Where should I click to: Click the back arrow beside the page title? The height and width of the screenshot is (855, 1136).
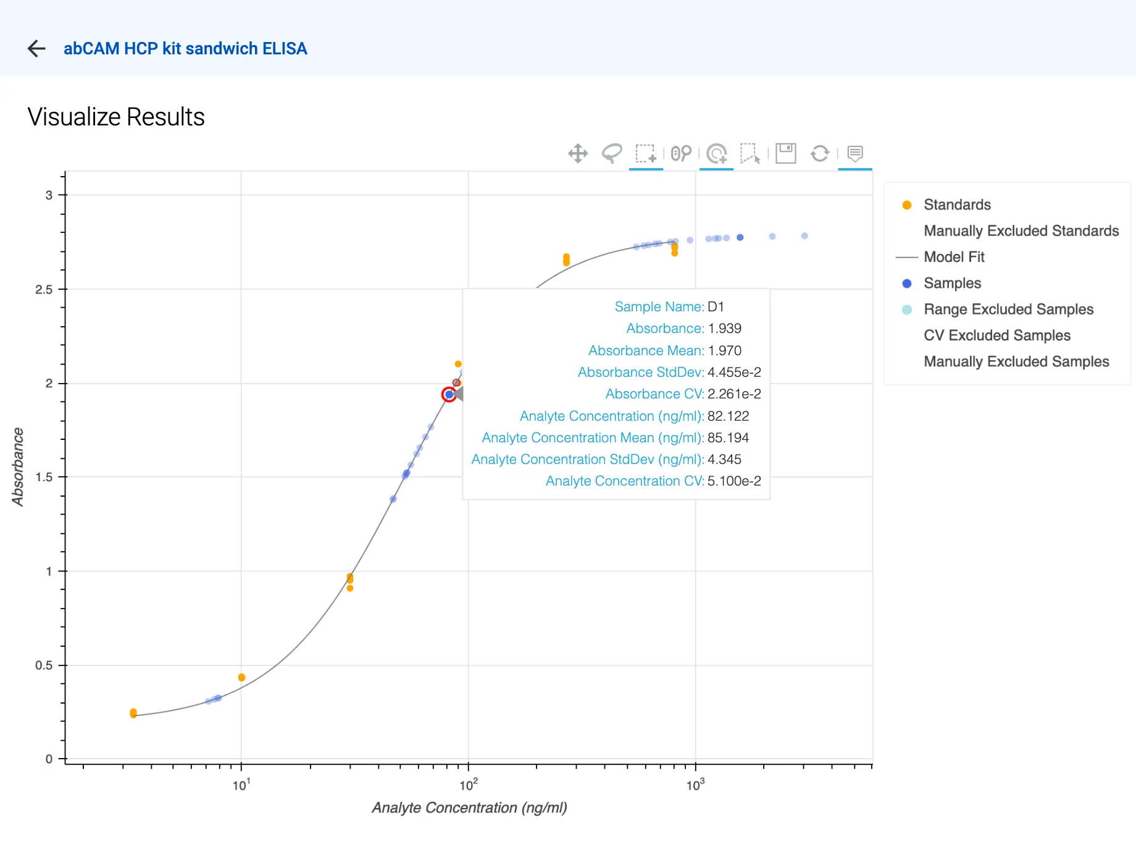coord(37,48)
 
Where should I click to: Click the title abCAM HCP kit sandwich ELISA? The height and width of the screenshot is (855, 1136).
coord(185,48)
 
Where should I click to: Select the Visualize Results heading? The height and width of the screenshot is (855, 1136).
coord(116,117)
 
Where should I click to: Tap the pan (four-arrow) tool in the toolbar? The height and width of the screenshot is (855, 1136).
coord(578,153)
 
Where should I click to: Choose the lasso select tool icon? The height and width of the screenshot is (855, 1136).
coord(611,153)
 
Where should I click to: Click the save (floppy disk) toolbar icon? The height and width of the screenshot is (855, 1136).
coord(786,153)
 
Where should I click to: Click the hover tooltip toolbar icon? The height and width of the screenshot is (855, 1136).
coord(855,153)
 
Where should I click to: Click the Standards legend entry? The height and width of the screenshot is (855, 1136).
coord(957,204)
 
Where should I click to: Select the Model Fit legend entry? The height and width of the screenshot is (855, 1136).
coord(954,257)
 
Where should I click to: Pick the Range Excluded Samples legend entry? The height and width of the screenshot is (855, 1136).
coord(1008,310)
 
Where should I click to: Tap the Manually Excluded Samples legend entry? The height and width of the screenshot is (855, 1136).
coord(1016,361)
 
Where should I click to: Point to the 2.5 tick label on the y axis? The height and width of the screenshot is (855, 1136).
coord(44,289)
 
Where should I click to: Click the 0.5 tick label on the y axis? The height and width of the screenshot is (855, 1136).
coord(44,665)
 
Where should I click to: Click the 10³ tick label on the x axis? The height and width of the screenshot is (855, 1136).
coord(695,785)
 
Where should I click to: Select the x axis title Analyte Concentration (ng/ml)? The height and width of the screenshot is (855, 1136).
coord(469,807)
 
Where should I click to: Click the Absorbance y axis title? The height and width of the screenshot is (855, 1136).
coord(18,467)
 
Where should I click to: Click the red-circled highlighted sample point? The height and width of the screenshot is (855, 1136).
coord(449,394)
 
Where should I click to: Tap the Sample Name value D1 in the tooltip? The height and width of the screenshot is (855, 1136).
coord(716,306)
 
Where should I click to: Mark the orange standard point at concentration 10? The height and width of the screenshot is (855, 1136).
coord(241,678)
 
